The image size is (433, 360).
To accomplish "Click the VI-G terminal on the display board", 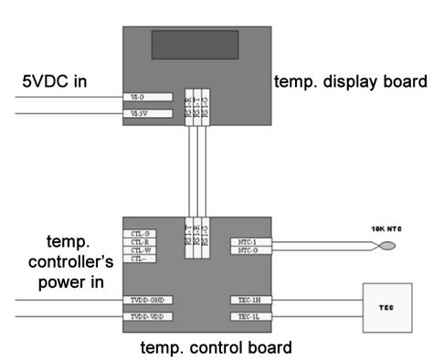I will [x=133, y=96].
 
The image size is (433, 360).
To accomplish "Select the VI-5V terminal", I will [x=133, y=114].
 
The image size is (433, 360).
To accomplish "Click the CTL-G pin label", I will [x=141, y=234].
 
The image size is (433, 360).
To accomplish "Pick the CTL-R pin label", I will [x=141, y=242].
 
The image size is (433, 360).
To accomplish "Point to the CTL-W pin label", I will [x=141, y=250].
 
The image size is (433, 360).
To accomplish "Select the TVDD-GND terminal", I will [x=147, y=300].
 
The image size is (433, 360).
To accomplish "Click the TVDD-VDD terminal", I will [x=147, y=316].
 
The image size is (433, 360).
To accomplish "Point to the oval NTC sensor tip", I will [x=388, y=246].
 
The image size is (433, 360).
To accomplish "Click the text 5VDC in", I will [x=56, y=83].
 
